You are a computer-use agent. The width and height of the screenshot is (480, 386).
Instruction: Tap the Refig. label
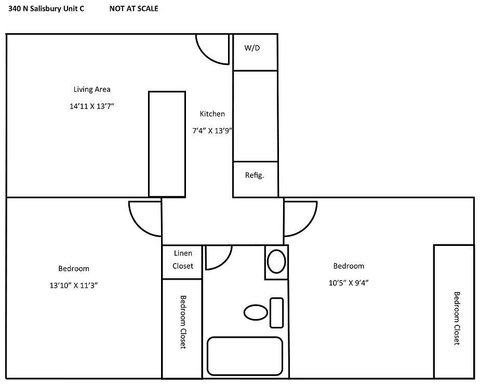point(255,175)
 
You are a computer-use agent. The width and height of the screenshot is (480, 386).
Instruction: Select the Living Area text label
point(91,89)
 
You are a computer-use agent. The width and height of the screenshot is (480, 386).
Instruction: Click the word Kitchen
point(212,114)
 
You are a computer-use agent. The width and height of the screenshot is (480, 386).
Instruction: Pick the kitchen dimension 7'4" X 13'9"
point(211,131)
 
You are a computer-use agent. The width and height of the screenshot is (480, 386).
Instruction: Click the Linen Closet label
point(182,259)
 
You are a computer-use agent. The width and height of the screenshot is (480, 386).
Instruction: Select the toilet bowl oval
point(255,312)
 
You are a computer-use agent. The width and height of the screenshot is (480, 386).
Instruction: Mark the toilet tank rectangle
point(276,312)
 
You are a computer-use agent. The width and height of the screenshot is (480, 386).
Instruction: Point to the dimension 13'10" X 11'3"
point(73,285)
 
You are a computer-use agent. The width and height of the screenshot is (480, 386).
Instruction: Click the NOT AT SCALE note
point(134,9)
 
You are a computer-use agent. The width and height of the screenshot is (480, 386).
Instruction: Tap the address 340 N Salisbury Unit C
point(46,9)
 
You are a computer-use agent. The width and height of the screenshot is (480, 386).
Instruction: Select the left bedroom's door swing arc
point(144,218)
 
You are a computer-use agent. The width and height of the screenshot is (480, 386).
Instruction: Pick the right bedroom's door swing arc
point(299,218)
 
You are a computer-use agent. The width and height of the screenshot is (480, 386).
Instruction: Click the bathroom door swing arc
point(217,257)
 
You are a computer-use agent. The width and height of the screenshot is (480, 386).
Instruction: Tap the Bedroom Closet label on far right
point(456,318)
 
